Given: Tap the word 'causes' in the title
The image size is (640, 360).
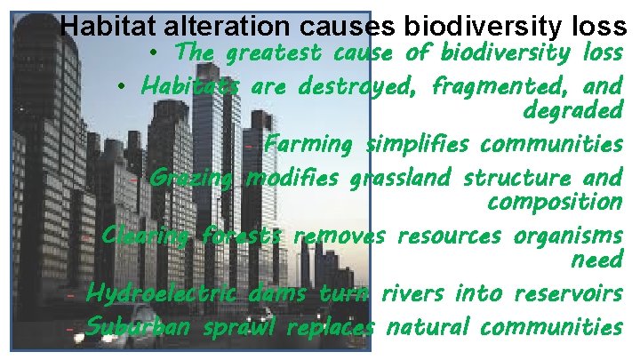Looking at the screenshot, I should [x=346, y=26].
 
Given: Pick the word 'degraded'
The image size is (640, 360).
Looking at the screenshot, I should [x=573, y=111].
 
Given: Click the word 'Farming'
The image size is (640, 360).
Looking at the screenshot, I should [x=308, y=144].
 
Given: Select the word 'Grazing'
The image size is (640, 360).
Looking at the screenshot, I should [x=190, y=179].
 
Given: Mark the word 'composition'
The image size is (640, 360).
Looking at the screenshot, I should [x=555, y=203].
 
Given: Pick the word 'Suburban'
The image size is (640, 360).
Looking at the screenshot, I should [x=136, y=326].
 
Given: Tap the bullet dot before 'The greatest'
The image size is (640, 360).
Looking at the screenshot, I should [x=155, y=54].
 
